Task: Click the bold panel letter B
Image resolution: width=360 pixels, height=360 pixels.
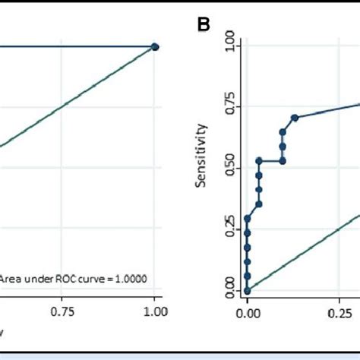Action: pyautogui.click(x=204, y=24)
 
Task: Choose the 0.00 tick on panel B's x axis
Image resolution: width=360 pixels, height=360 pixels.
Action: pyautogui.click(x=248, y=311)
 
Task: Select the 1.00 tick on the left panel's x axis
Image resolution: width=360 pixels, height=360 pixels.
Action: pyautogui.click(x=155, y=311)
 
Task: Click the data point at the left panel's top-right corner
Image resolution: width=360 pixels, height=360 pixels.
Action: pyautogui.click(x=155, y=46)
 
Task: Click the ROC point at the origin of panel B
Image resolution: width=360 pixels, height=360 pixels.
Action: pyautogui.click(x=248, y=290)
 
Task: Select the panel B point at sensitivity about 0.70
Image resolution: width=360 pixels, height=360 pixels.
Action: pyautogui.click(x=295, y=117)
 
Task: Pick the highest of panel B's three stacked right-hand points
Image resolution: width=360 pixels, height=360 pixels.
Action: pyautogui.click(x=283, y=132)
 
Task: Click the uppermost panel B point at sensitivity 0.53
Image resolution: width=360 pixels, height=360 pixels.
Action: pyautogui.click(x=259, y=161)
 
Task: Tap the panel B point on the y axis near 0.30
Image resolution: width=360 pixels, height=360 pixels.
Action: pyautogui.click(x=248, y=219)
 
